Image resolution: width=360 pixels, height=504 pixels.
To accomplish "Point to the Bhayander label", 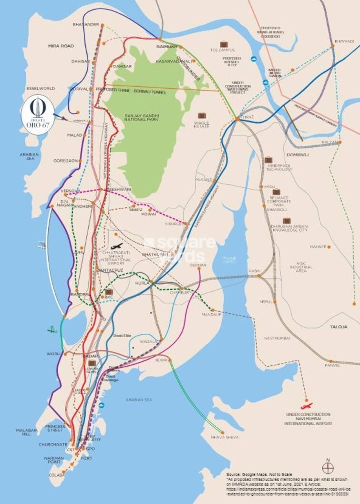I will (86, 24).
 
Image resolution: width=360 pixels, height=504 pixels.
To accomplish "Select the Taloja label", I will (338, 327).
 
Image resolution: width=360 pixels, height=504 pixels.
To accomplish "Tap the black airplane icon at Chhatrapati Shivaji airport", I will (116, 246).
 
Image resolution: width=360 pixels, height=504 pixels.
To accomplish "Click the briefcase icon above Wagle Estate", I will (202, 115).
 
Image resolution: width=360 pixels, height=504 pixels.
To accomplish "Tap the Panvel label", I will (332, 365).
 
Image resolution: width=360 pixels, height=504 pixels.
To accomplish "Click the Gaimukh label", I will (166, 46).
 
